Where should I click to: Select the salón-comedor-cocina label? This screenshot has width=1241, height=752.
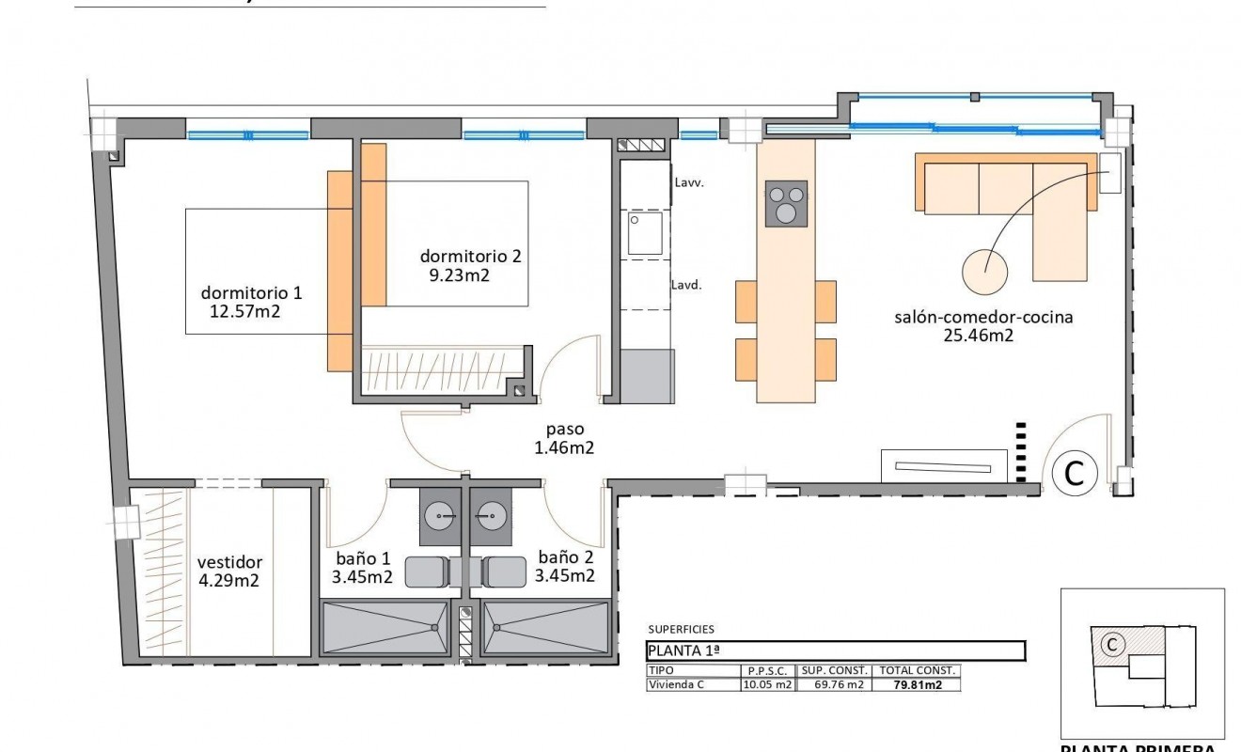pos(983,317)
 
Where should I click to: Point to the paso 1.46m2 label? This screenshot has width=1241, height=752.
pos(564,439)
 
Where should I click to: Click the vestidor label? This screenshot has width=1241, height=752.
pos(229,562)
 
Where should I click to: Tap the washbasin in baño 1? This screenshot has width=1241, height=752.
pos(440,515)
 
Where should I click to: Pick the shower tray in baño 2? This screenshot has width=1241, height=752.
pos(545,628)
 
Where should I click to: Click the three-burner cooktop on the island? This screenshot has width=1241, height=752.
pos(786,203)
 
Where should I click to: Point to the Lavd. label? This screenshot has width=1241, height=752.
pos(685,284)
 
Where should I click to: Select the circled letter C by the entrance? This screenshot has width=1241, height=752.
pos(1074,473)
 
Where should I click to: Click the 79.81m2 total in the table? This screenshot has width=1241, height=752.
pos(917,685)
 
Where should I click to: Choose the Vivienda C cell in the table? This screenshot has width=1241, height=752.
pos(675,685)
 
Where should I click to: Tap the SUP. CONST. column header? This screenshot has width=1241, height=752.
pos(833,671)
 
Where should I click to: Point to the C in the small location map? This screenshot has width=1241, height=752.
pos(1111,644)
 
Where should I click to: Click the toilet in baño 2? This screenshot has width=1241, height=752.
pos(505,571)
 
